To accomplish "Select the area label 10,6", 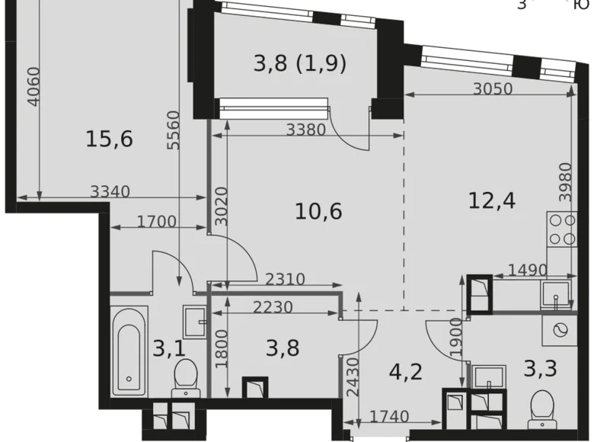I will [x=318, y=210].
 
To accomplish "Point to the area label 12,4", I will [x=491, y=201].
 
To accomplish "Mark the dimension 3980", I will [x=564, y=181].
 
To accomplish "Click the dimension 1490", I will [x=516, y=269].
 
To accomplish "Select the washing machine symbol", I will [x=560, y=329].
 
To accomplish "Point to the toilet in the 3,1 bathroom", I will [x=184, y=378].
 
